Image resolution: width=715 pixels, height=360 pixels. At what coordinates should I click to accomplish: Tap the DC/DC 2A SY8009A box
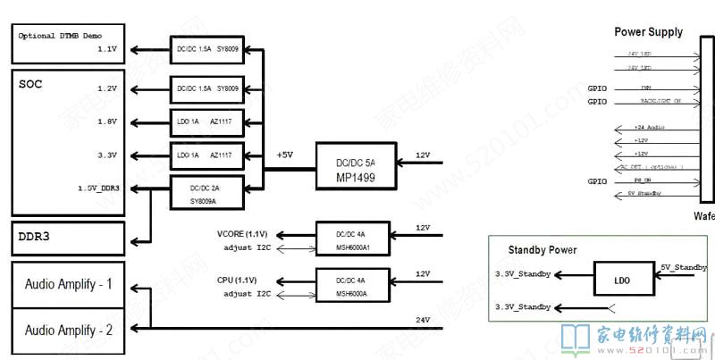(x=207, y=193)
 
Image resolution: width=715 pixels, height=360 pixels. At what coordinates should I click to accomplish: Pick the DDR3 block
(x=67, y=239)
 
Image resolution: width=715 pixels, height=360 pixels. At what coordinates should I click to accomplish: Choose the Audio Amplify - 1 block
(x=67, y=285)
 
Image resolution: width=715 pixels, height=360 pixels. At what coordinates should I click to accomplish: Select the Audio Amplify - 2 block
(x=67, y=330)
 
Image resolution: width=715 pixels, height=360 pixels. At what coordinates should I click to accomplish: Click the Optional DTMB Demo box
(x=67, y=42)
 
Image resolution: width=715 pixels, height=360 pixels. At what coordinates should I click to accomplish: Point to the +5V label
(x=284, y=155)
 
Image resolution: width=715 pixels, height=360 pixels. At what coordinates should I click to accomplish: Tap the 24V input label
(x=423, y=320)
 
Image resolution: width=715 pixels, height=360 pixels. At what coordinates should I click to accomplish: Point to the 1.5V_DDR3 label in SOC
(x=98, y=188)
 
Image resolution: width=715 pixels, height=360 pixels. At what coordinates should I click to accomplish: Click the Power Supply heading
(x=648, y=32)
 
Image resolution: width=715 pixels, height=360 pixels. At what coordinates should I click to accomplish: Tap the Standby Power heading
(x=542, y=250)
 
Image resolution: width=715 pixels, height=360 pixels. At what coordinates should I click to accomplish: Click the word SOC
(x=30, y=84)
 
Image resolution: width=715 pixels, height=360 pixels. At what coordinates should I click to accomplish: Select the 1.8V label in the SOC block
(x=107, y=121)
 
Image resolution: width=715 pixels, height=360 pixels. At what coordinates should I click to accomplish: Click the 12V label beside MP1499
(x=423, y=155)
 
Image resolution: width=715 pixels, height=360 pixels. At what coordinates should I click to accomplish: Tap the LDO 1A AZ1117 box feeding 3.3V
(x=207, y=155)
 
